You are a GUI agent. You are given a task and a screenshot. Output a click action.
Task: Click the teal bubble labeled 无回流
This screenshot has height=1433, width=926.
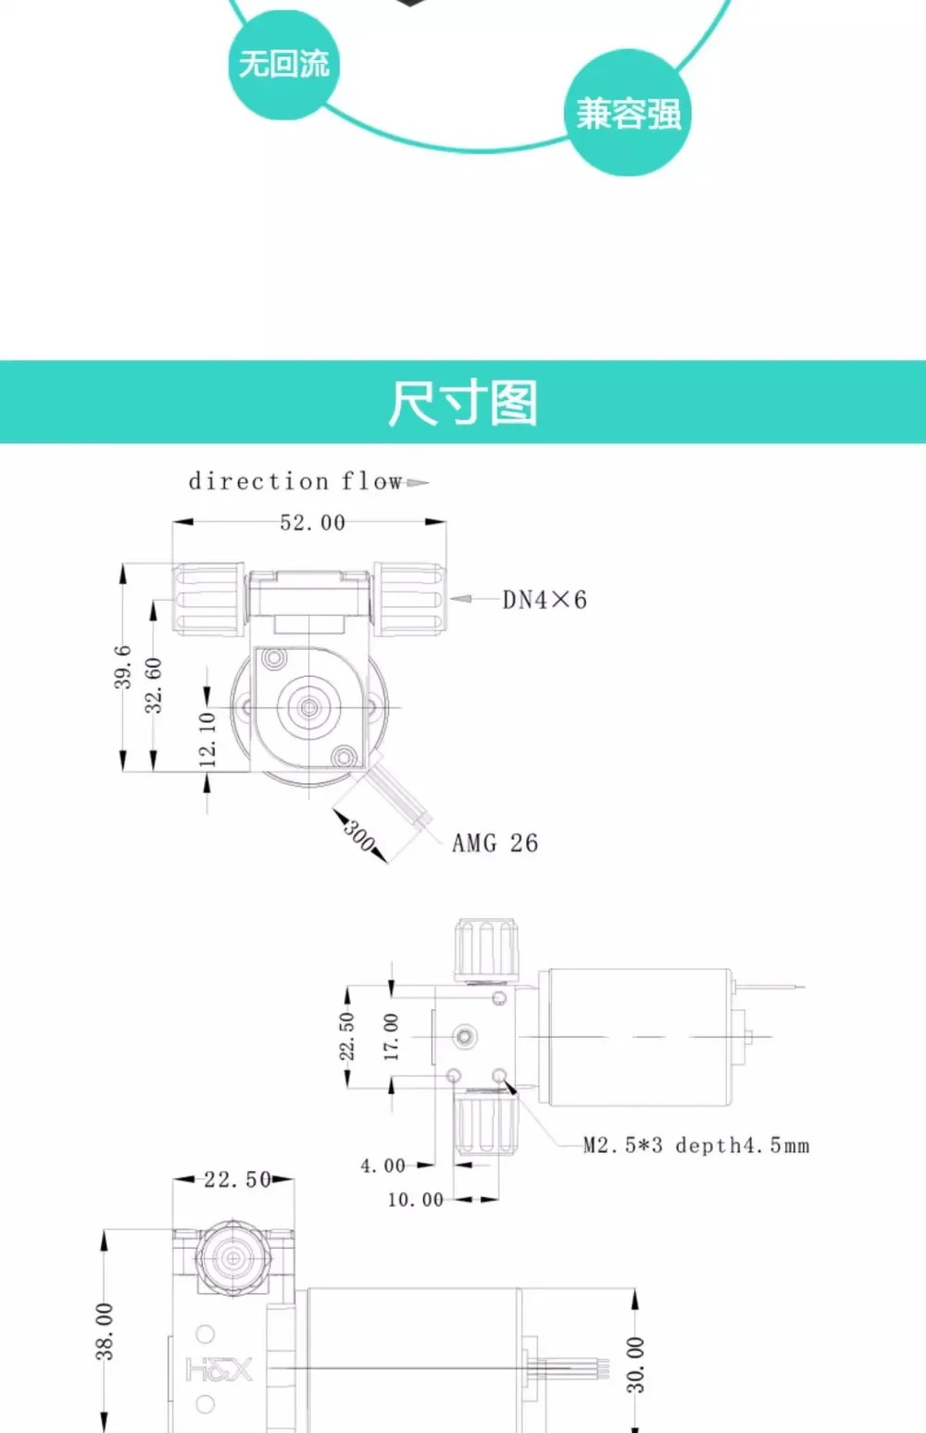pyautogui.click(x=284, y=65)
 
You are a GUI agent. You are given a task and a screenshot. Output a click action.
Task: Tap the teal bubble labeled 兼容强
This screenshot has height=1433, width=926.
pyautogui.click(x=628, y=113)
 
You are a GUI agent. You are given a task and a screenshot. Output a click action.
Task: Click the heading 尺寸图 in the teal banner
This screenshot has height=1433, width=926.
pyautogui.click(x=463, y=403)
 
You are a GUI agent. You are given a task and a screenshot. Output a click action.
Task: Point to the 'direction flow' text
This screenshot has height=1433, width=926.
pyautogui.click(x=295, y=481)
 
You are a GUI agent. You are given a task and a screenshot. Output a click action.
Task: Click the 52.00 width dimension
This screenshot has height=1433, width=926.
pyautogui.click(x=312, y=523)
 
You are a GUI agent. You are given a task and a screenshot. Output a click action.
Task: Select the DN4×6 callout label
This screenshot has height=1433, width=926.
pyautogui.click(x=544, y=600)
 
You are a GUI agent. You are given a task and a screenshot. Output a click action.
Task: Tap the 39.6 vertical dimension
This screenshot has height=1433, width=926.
pyautogui.click(x=123, y=667)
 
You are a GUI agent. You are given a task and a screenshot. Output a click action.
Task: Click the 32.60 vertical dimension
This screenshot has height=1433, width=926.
pyautogui.click(x=154, y=685)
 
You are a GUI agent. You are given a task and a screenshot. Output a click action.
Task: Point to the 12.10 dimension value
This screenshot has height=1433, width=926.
pyautogui.click(x=207, y=740)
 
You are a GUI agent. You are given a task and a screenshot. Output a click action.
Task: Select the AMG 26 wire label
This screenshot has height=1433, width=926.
pyautogui.click(x=494, y=843)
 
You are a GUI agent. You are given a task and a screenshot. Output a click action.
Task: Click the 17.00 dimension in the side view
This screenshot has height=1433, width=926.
pyautogui.click(x=391, y=1037)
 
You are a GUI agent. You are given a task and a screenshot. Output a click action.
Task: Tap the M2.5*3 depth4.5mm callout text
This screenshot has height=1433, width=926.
pyautogui.click(x=696, y=1145)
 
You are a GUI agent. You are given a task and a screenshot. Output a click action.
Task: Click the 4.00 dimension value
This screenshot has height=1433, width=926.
pyautogui.click(x=382, y=1165)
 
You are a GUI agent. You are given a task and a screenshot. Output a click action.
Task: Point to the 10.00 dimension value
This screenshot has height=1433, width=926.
pyautogui.click(x=416, y=1200)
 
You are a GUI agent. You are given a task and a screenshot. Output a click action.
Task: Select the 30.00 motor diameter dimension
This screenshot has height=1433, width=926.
pyautogui.click(x=635, y=1364)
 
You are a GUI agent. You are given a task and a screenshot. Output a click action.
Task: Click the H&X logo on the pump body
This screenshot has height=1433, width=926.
pyautogui.click(x=219, y=1370)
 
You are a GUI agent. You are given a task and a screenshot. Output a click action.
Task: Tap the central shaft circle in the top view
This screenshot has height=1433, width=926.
pyautogui.click(x=309, y=707)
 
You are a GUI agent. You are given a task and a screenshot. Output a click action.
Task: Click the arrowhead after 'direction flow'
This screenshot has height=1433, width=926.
pyautogui.click(x=417, y=482)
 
